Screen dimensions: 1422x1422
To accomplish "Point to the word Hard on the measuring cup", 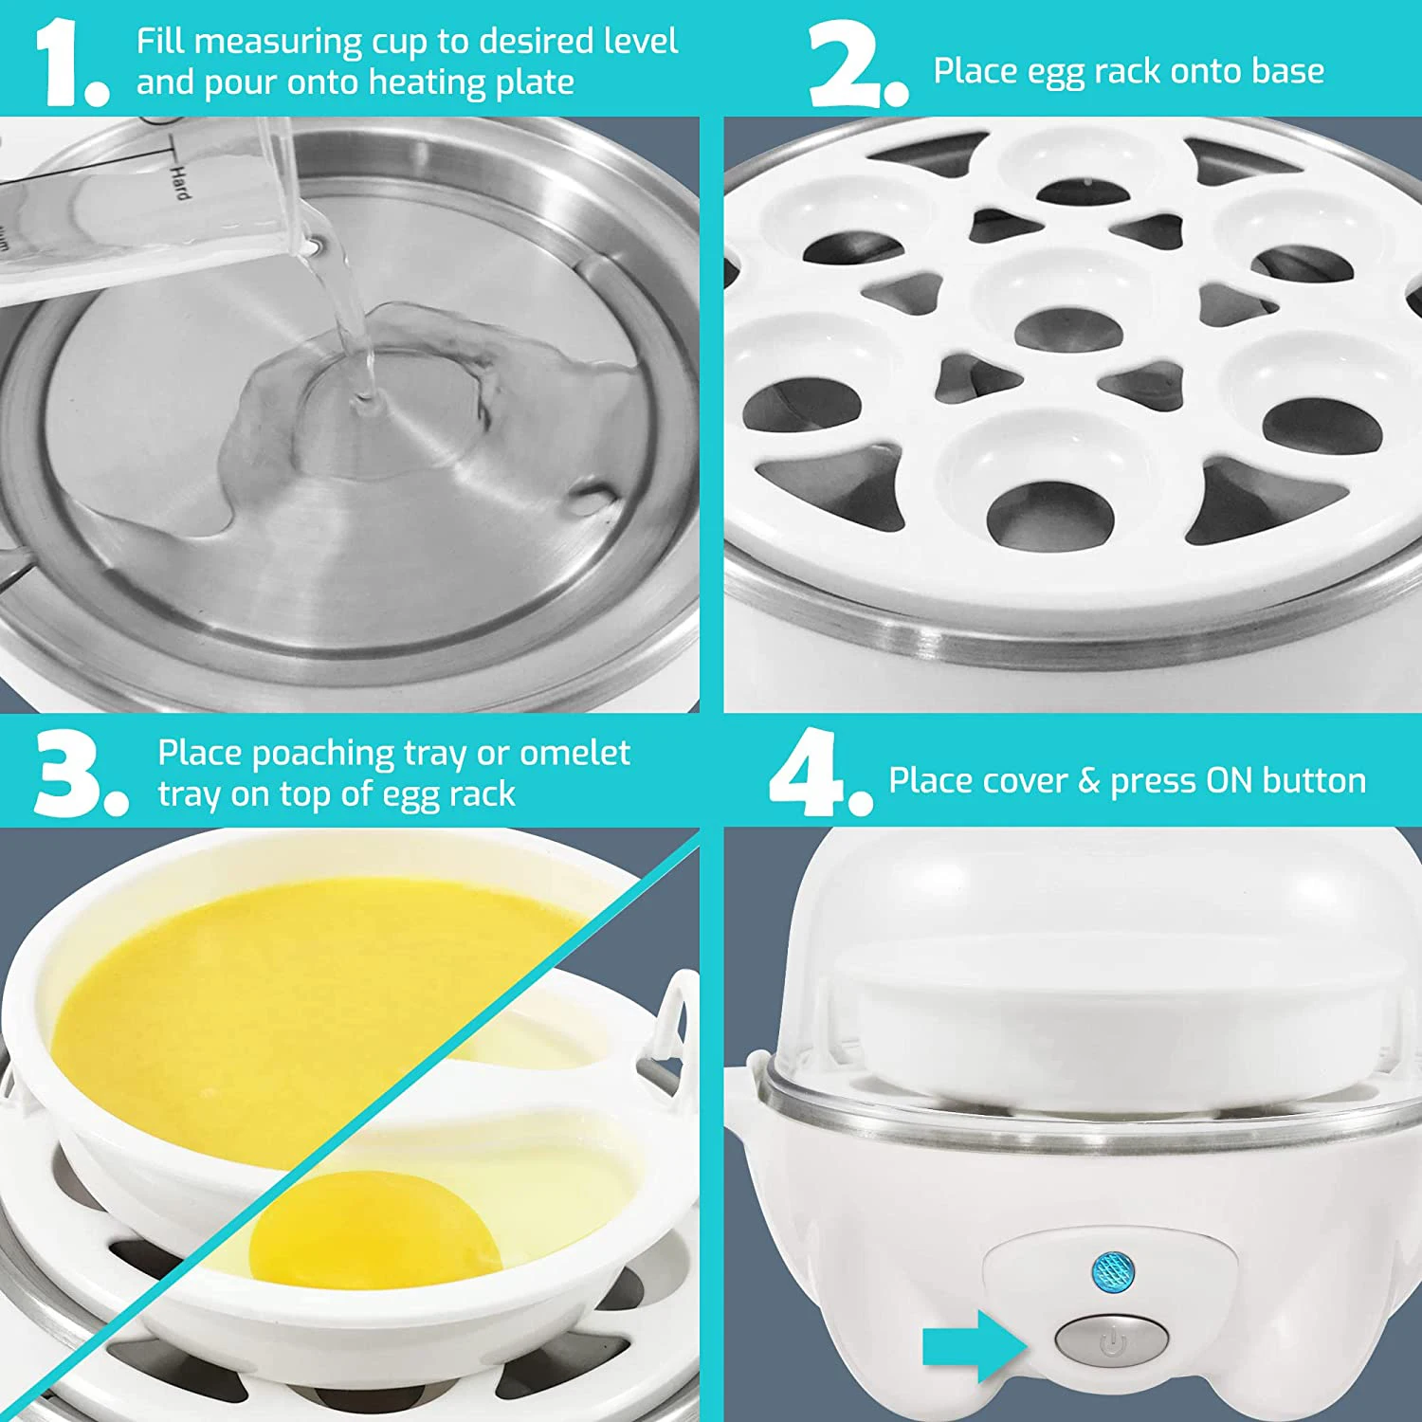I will pyautogui.click(x=178, y=180).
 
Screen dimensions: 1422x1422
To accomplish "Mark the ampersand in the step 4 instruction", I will pyautogui.click(x=1088, y=781).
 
